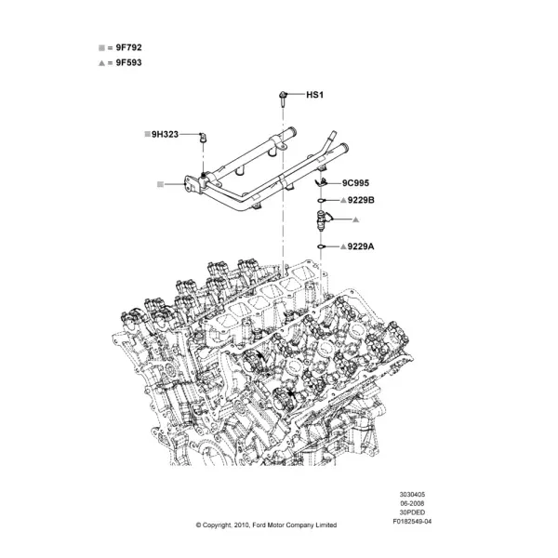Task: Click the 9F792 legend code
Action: (x=128, y=47)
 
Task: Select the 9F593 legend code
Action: (x=128, y=62)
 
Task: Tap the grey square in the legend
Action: (x=101, y=47)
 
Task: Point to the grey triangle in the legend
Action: (x=101, y=63)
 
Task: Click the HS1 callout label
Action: (x=315, y=95)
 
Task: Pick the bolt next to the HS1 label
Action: (x=283, y=99)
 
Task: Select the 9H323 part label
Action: (x=165, y=134)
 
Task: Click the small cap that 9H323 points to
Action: (x=203, y=137)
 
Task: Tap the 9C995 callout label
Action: (x=355, y=183)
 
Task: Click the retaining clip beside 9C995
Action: (x=321, y=182)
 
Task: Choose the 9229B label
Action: (x=361, y=200)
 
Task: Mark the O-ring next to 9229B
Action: (x=321, y=201)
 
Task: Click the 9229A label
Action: (x=361, y=246)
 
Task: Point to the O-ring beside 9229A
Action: (x=321, y=246)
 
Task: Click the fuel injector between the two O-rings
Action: (x=322, y=220)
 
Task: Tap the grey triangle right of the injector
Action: (x=355, y=219)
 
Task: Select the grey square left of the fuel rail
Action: (x=160, y=184)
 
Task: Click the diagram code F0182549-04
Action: (x=412, y=522)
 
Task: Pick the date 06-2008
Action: (x=412, y=503)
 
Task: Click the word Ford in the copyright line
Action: (x=259, y=525)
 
